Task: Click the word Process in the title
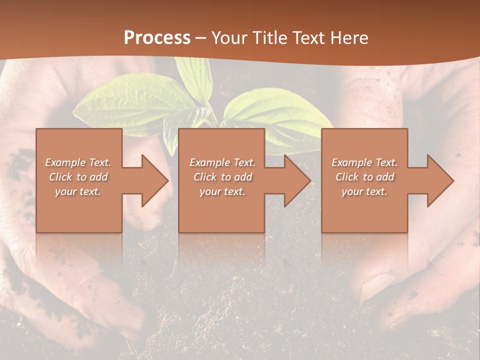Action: click(x=157, y=37)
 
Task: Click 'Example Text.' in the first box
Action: click(x=78, y=162)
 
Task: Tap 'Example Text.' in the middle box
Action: click(x=222, y=162)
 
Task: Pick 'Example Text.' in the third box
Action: click(x=364, y=162)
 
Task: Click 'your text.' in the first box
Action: click(x=78, y=191)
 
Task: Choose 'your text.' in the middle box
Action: click(x=222, y=191)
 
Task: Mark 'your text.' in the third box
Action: click(x=364, y=191)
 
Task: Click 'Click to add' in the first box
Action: click(x=78, y=177)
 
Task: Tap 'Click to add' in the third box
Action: click(x=365, y=177)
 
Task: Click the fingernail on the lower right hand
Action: click(x=379, y=285)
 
